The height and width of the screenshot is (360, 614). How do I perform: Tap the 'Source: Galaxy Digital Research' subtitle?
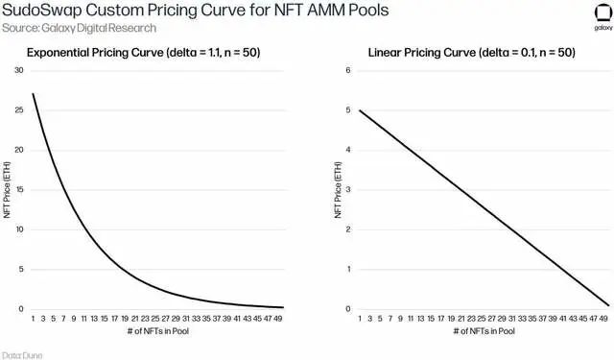(x=79, y=28)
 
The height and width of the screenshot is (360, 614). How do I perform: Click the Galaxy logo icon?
(x=603, y=12)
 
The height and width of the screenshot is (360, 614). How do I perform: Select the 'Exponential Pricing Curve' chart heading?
(x=95, y=53)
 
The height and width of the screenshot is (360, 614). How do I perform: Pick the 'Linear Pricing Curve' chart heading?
(x=422, y=53)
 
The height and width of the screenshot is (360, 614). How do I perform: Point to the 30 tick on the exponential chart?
(x=19, y=70)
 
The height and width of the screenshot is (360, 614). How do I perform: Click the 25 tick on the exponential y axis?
(x=19, y=110)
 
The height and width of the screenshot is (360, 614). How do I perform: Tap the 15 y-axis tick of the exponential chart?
(x=19, y=189)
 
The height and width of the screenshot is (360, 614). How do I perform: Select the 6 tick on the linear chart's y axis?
(x=348, y=70)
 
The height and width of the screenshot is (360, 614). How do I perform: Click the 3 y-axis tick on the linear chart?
(x=348, y=189)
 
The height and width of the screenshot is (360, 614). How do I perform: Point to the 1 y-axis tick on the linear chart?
(x=348, y=269)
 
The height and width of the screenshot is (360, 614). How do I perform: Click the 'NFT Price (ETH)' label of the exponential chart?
(x=7, y=189)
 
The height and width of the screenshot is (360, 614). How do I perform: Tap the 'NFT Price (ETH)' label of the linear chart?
(x=338, y=189)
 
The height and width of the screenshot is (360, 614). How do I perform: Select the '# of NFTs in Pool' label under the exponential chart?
(x=157, y=331)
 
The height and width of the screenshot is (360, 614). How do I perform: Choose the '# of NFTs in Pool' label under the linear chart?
(x=484, y=331)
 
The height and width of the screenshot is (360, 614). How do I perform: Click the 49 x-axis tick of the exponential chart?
(x=277, y=319)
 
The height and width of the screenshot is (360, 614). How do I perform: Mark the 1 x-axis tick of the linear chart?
(x=360, y=319)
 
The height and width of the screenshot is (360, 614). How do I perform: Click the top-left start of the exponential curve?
(x=33, y=94)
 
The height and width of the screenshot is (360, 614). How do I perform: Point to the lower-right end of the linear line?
(x=609, y=305)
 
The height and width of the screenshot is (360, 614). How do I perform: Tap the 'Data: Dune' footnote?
(x=22, y=355)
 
